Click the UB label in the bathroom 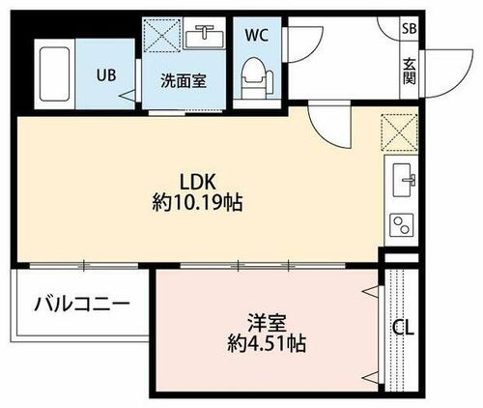(x=106, y=75)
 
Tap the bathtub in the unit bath (x=54, y=73)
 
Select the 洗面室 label (x=184, y=80)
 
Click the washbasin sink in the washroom (x=205, y=37)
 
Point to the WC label (x=257, y=35)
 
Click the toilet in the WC (x=257, y=77)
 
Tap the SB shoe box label (x=410, y=29)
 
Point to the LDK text (x=197, y=182)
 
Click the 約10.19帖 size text (x=197, y=203)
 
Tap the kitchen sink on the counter (x=403, y=180)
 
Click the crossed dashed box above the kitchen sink (x=399, y=132)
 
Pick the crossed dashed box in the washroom (x=161, y=35)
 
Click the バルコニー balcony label (x=82, y=304)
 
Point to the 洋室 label (x=267, y=323)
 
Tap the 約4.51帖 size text (x=267, y=343)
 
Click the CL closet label (x=403, y=329)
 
